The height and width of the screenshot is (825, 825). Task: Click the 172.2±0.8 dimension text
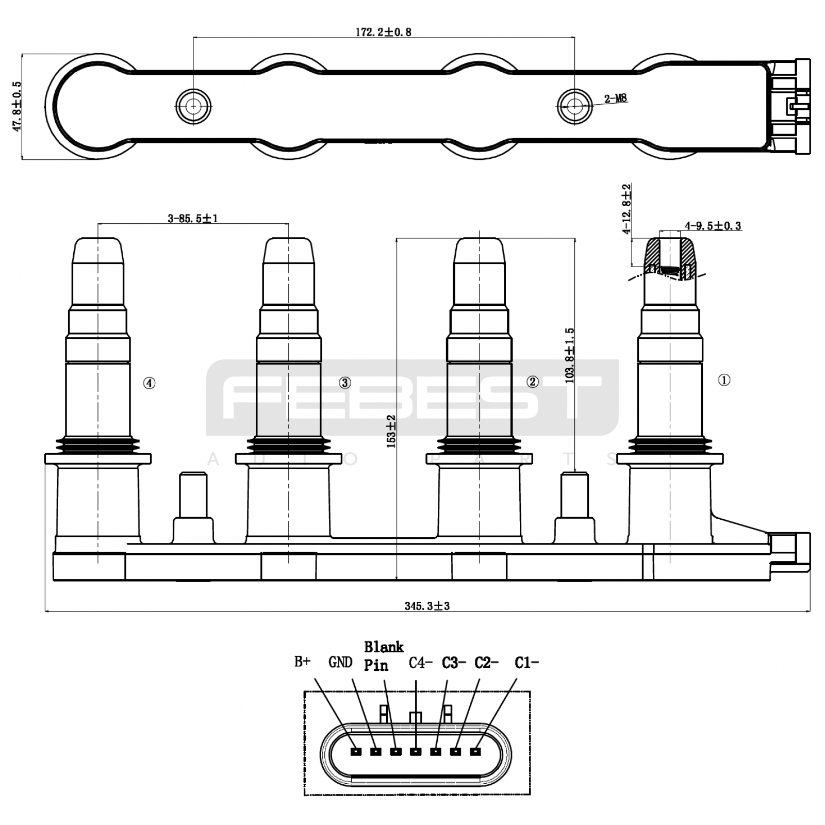pos(383,32)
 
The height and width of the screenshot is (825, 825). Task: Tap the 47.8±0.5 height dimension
pos(17,106)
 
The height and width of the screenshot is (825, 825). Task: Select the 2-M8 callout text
pos(616,98)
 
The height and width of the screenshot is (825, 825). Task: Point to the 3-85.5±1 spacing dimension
pos(193,219)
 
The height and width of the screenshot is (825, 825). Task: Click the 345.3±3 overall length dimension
pos(427,606)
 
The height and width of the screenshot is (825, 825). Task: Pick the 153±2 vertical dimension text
pos(391,431)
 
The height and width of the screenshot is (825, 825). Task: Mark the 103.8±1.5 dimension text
pos(570,356)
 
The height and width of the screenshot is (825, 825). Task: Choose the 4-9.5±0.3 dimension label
pos(713,226)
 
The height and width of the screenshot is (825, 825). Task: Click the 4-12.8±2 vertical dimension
pos(626,209)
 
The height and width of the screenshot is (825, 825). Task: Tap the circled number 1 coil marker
pos(724,380)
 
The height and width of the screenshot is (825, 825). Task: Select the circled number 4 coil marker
pos(149,383)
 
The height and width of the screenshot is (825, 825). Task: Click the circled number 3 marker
pos(345,383)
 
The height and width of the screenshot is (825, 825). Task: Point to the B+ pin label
pos(302,662)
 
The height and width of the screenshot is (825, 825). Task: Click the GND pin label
pos(340,662)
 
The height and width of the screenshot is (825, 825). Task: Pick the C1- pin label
pos(526,663)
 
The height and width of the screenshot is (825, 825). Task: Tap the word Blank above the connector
pos(384,647)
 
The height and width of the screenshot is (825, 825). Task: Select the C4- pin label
pos(420,663)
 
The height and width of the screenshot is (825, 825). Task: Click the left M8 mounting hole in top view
pos(193,106)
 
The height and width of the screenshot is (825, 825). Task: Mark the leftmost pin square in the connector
pos(355,752)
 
